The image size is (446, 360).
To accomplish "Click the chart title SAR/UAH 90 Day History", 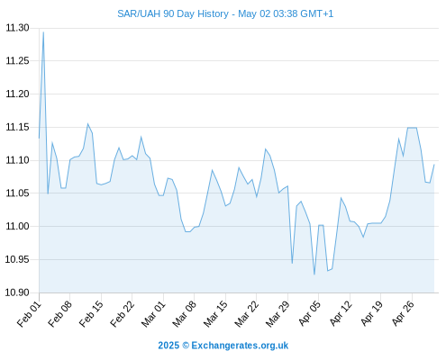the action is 173,13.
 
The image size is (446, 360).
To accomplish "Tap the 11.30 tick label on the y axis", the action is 17,28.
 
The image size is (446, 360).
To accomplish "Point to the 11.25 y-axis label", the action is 17,61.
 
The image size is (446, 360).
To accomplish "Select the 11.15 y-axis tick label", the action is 17,127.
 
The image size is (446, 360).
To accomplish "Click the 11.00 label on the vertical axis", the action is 17,226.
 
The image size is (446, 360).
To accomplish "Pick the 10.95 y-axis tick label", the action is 17,259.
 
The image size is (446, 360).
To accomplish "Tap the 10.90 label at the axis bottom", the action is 17,292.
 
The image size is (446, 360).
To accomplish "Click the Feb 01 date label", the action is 30,314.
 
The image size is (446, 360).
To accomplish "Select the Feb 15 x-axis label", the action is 92,314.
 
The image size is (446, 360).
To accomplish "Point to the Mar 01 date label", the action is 154,314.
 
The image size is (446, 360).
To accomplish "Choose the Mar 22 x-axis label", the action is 247,314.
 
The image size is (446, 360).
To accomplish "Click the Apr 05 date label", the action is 309,314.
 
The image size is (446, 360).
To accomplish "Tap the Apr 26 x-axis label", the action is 403,314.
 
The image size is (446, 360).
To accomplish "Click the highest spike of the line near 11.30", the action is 43,32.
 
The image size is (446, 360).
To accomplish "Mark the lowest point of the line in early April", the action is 314,274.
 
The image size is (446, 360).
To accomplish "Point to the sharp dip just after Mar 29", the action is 292,263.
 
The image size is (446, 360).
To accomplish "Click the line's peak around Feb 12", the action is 87,123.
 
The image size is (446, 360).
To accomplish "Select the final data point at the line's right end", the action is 434,165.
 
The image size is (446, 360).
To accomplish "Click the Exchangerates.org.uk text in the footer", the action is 240,346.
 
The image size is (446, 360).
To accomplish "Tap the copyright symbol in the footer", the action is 186,346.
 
